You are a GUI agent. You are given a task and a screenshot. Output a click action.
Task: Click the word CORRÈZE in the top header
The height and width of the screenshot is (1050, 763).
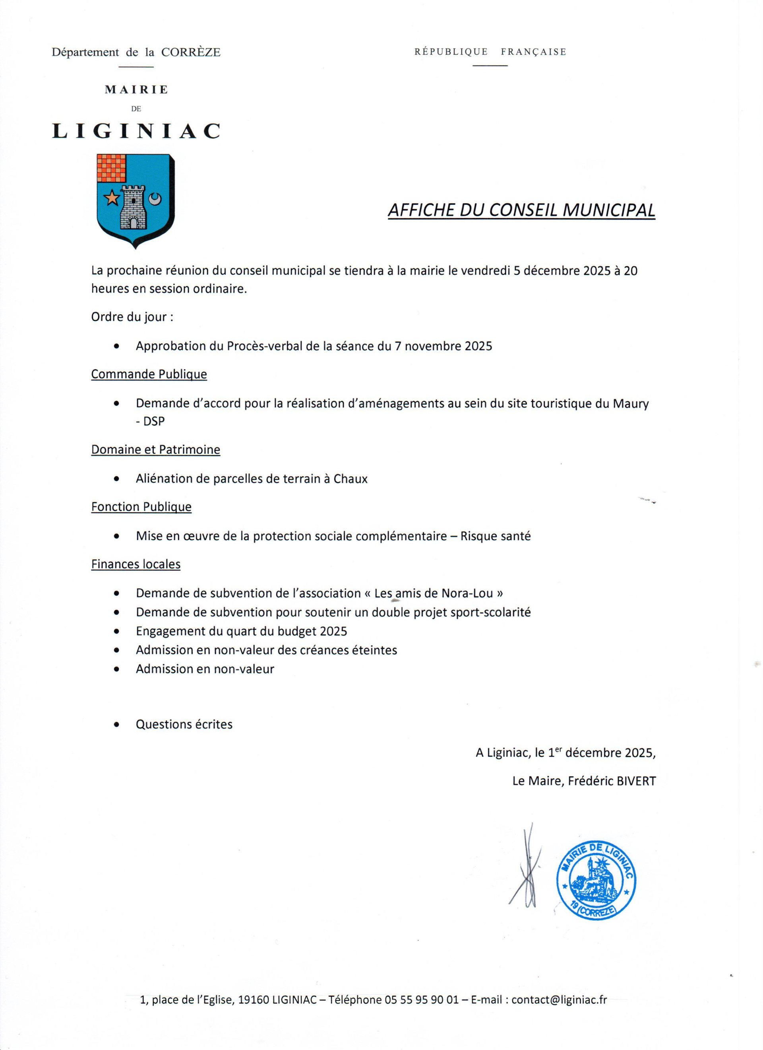pyautogui.click(x=191, y=52)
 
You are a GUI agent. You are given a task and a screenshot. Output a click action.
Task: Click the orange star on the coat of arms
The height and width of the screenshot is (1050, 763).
pyautogui.click(x=112, y=198)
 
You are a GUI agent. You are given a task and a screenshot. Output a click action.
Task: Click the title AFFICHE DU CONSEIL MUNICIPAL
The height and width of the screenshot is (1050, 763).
pyautogui.click(x=521, y=210)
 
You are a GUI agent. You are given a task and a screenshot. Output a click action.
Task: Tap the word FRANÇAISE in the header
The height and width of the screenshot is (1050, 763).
pyautogui.click(x=533, y=52)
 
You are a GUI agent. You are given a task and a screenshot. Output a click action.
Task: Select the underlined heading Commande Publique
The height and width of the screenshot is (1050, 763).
pyautogui.click(x=149, y=374)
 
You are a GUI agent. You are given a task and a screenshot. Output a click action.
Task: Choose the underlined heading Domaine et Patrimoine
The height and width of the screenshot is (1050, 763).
pyautogui.click(x=155, y=449)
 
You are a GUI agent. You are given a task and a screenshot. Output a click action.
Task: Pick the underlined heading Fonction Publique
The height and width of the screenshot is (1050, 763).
pyautogui.click(x=141, y=507)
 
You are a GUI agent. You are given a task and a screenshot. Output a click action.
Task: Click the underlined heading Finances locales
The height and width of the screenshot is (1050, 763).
pyautogui.click(x=136, y=564)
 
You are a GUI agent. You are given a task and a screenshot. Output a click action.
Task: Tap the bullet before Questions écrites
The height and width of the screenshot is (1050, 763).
pyautogui.click(x=116, y=725)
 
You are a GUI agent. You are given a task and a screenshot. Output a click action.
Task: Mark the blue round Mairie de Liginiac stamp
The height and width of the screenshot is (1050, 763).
pyautogui.click(x=596, y=880)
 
